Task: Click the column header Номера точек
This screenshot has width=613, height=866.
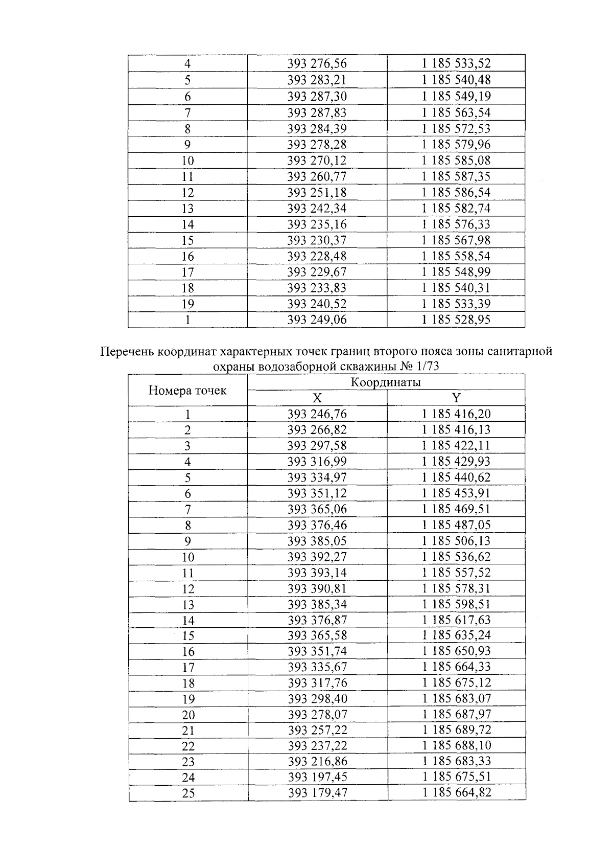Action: click(187, 391)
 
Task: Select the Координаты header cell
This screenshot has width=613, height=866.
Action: click(386, 382)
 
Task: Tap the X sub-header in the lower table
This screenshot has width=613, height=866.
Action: click(317, 398)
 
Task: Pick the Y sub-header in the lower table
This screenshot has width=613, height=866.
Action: click(456, 398)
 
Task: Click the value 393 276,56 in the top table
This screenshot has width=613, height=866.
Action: click(317, 64)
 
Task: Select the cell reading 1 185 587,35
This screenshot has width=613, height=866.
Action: click(456, 176)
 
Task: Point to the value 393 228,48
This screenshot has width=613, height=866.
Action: click(317, 256)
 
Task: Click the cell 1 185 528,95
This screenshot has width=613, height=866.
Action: click(456, 320)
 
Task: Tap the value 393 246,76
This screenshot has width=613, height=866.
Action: click(317, 414)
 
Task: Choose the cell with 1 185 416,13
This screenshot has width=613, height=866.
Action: click(456, 429)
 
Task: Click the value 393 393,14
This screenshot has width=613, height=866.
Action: click(317, 573)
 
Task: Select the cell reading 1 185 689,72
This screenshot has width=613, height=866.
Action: click(456, 730)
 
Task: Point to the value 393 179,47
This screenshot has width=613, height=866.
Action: click(317, 793)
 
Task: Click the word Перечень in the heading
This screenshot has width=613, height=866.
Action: click(127, 352)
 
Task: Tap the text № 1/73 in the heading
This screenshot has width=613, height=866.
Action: click(421, 366)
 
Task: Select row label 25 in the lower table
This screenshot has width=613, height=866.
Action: click(188, 793)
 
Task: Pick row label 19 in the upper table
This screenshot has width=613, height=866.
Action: click(188, 304)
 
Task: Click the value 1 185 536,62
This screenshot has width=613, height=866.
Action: click(456, 556)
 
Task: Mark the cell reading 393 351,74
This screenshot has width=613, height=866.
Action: click(317, 651)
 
